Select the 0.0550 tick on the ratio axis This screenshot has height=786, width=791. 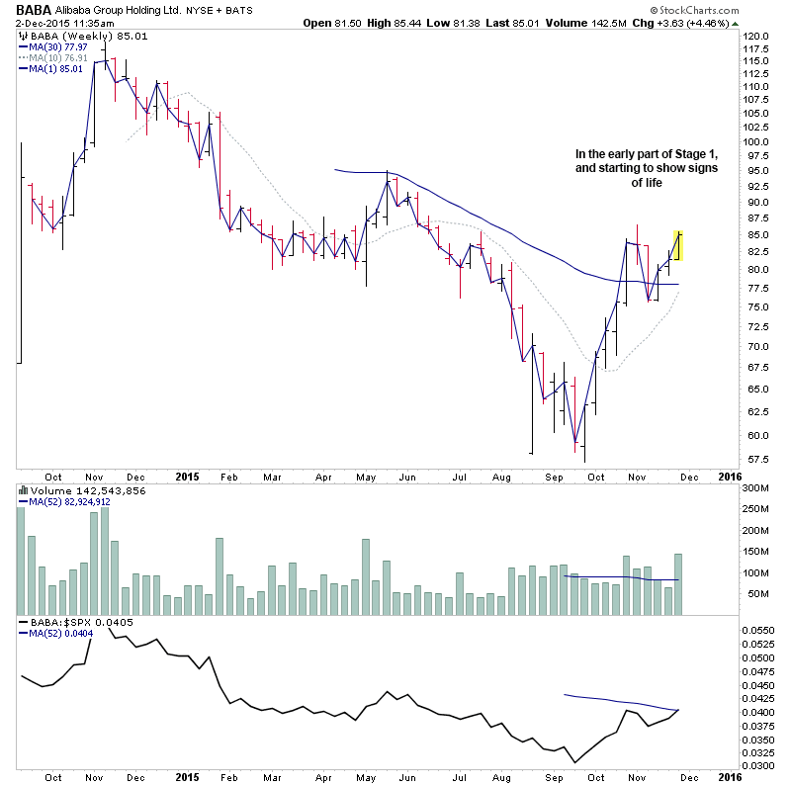pyautogui.click(x=758, y=629)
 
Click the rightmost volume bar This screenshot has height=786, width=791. pyautogui.click(x=678, y=584)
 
